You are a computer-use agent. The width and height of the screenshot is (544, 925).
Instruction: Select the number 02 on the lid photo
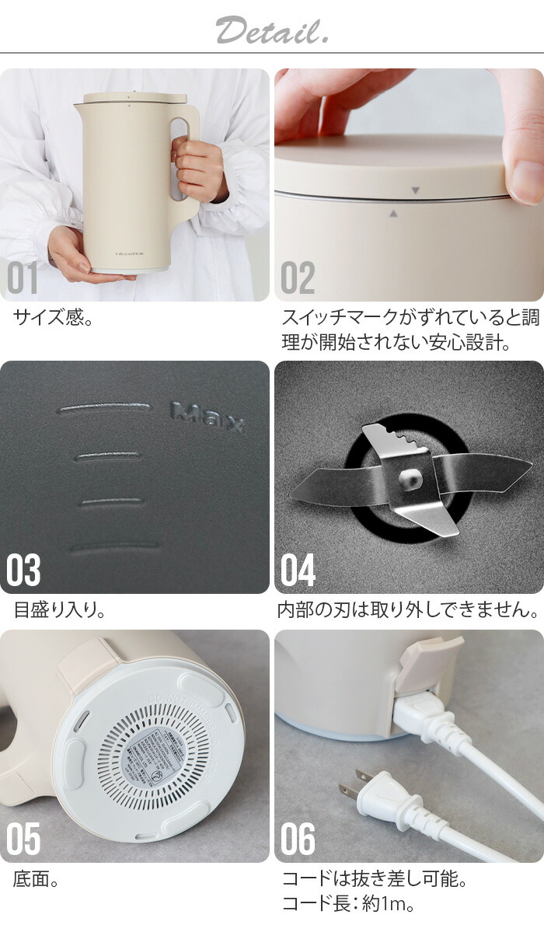(x=298, y=279)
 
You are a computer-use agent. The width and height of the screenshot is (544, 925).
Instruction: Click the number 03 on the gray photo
(x=24, y=571)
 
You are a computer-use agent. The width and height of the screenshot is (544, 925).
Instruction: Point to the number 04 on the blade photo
(x=298, y=571)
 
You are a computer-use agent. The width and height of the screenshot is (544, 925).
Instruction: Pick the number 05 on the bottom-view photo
(x=24, y=840)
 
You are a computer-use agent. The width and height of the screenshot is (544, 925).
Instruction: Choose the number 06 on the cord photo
(x=298, y=840)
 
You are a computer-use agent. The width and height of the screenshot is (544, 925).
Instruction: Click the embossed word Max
(x=207, y=417)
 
